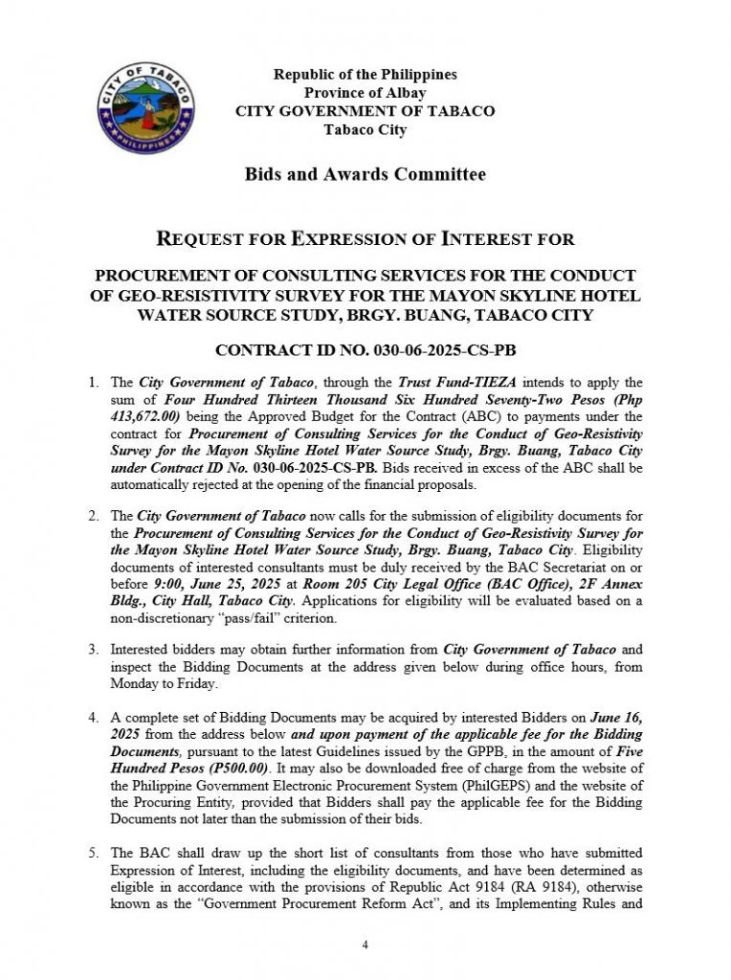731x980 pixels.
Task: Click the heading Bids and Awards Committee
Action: pyautogui.click(x=365, y=174)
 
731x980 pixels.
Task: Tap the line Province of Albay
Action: pyautogui.click(x=365, y=92)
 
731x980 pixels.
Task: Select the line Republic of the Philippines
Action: pyautogui.click(x=365, y=74)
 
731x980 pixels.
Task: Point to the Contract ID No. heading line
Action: pyautogui.click(x=365, y=351)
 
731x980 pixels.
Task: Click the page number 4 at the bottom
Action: pyautogui.click(x=365, y=945)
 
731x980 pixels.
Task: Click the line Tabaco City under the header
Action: pyautogui.click(x=365, y=129)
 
